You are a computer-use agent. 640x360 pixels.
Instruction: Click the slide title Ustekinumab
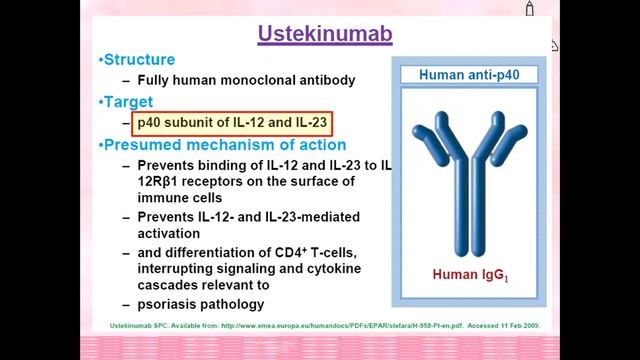325,35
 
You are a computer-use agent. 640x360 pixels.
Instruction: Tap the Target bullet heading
129,102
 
